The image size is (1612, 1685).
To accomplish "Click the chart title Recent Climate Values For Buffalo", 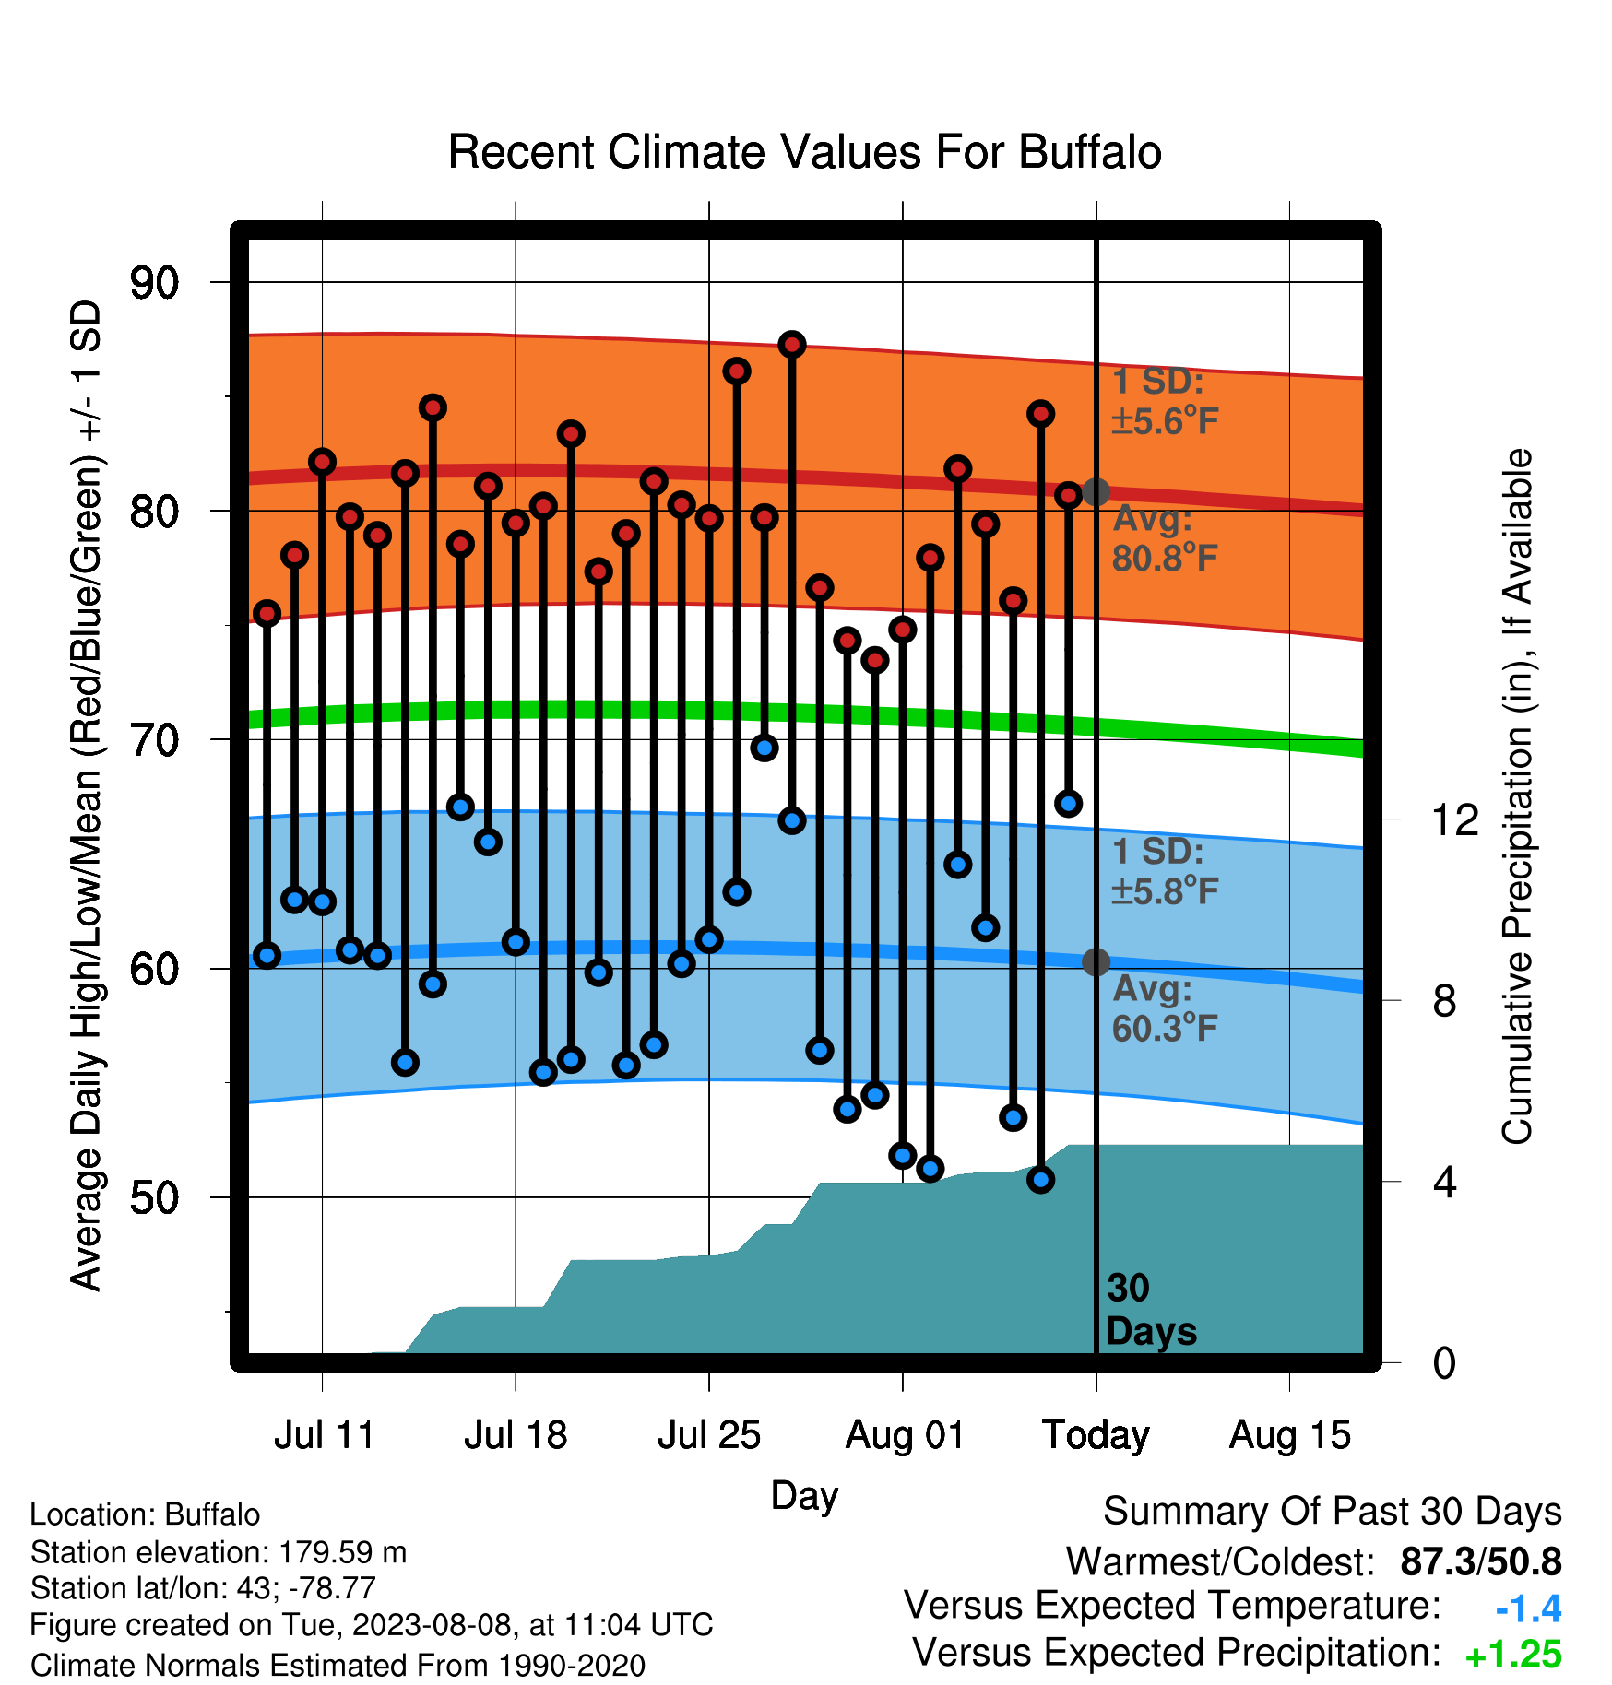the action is click(x=804, y=152).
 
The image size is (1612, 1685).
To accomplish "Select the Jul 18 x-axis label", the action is click(x=516, y=1435).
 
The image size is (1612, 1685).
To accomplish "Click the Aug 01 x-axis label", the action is click(x=905, y=1435).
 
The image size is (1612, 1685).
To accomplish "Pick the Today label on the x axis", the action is click(x=1096, y=1435).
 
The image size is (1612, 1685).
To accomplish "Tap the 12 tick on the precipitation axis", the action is click(x=1455, y=819).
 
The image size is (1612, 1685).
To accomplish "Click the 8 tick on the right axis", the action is click(x=1445, y=1001).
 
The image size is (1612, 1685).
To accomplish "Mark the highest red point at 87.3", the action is click(x=792, y=345).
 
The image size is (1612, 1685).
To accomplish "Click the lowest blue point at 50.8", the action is click(x=1041, y=1180).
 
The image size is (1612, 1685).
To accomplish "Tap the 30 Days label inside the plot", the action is click(x=1151, y=1310).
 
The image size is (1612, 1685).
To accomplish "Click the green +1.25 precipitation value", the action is click(x=1513, y=1655).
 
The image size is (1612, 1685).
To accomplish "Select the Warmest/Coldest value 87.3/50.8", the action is click(x=1481, y=1561).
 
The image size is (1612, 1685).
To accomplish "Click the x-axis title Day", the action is click(x=804, y=1495).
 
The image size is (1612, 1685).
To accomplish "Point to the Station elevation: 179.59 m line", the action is click(x=219, y=1552).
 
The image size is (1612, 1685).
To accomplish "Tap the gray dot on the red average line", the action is click(x=1096, y=492).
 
